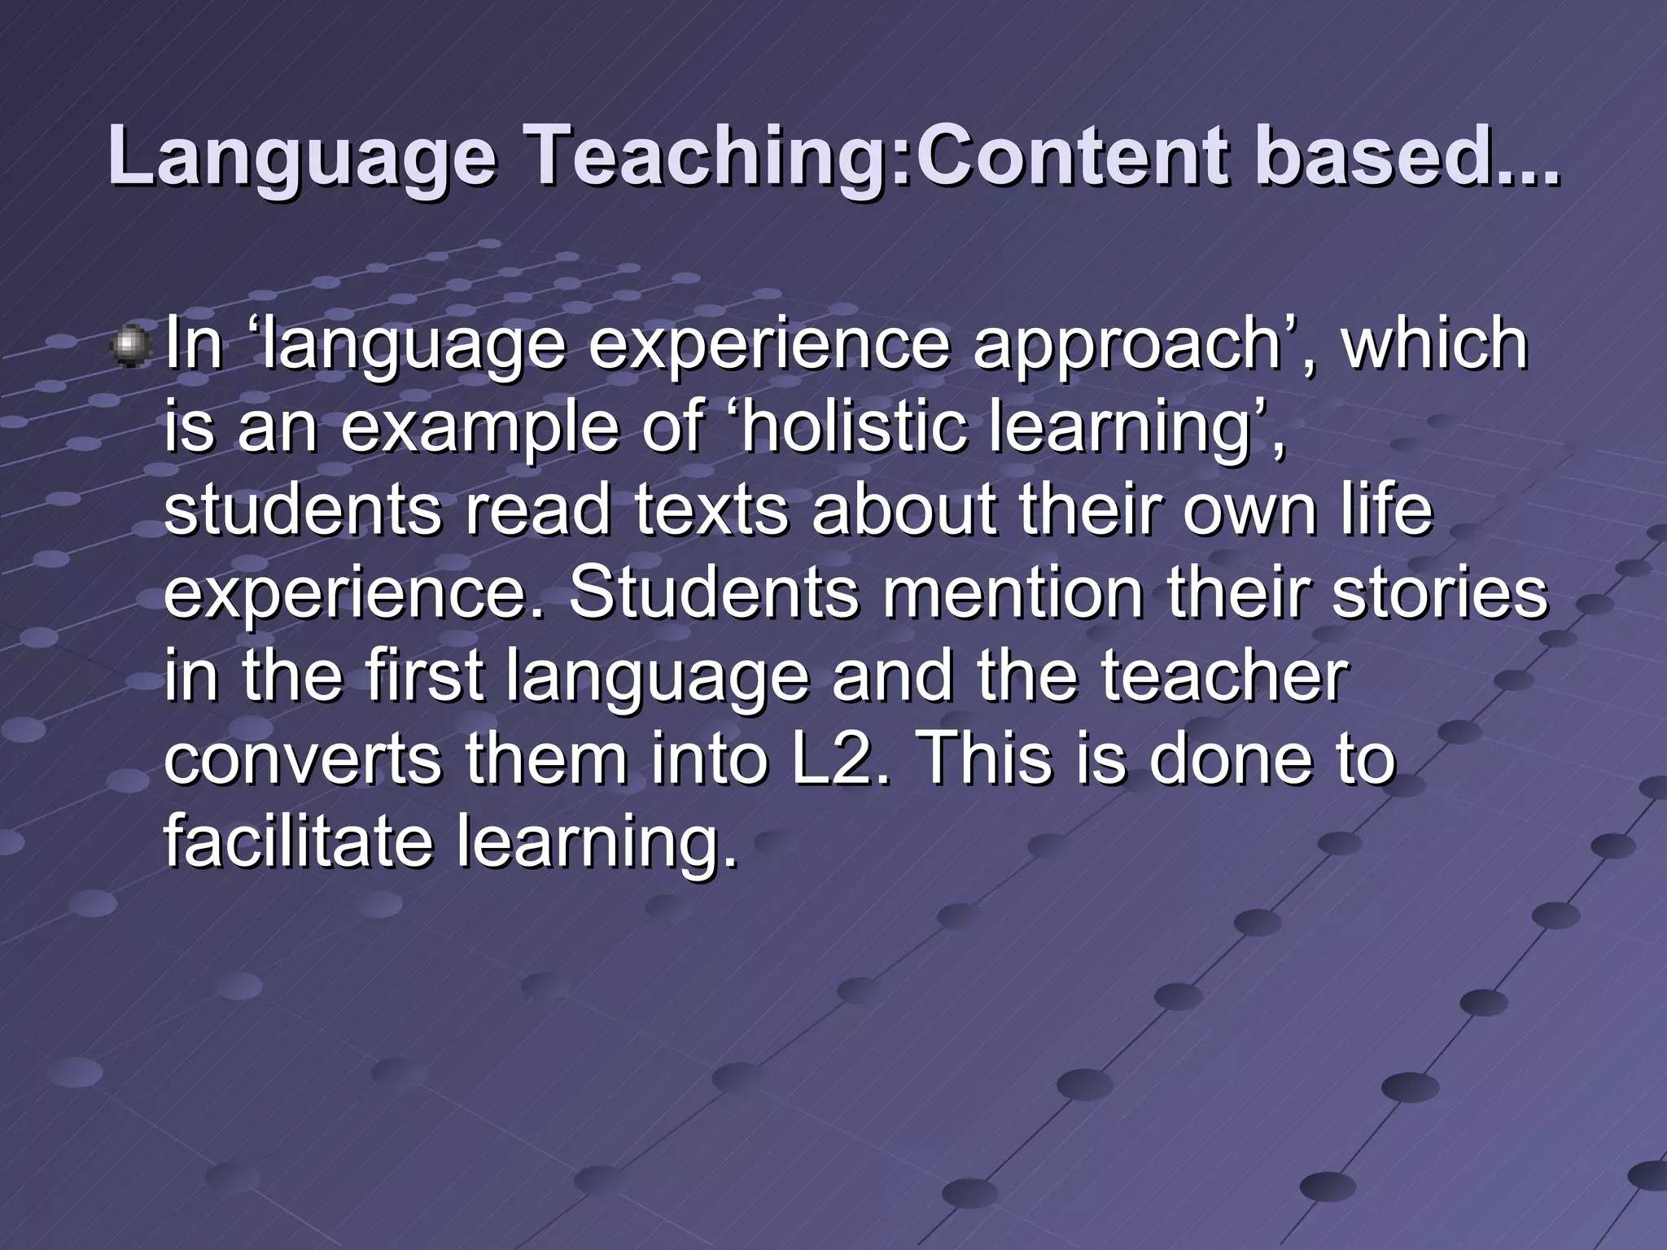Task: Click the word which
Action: click(1434, 343)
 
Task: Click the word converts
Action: click(304, 761)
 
